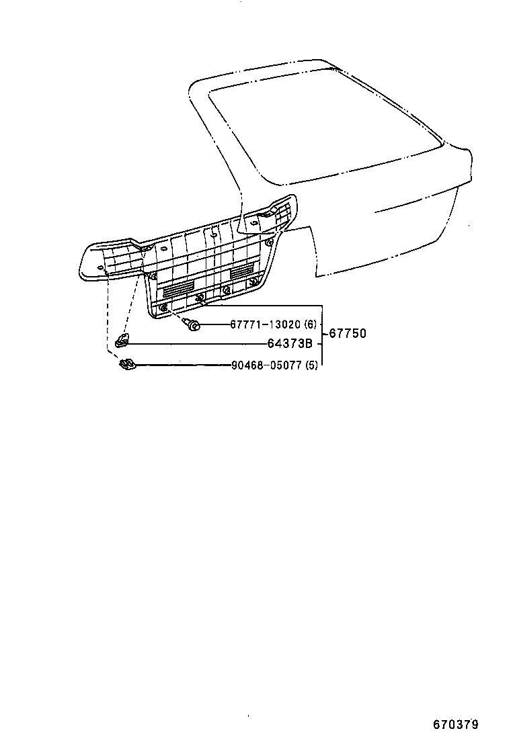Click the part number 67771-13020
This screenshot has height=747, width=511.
[266, 324]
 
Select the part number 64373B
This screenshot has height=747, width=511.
[290, 343]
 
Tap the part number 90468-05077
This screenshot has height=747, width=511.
[266, 365]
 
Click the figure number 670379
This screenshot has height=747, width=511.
[456, 725]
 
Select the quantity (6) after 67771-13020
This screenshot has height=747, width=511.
[311, 324]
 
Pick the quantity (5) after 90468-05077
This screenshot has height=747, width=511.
[311, 365]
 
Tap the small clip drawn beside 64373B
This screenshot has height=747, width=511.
[122, 340]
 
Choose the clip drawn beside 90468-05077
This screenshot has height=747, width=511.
[127, 365]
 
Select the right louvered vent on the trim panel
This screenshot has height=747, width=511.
[244, 271]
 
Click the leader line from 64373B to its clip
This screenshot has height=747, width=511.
[198, 343]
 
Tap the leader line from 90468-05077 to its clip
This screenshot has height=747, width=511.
[184, 365]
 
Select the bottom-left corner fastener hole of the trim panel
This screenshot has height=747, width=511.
[164, 308]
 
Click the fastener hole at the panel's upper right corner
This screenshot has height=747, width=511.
[270, 243]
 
